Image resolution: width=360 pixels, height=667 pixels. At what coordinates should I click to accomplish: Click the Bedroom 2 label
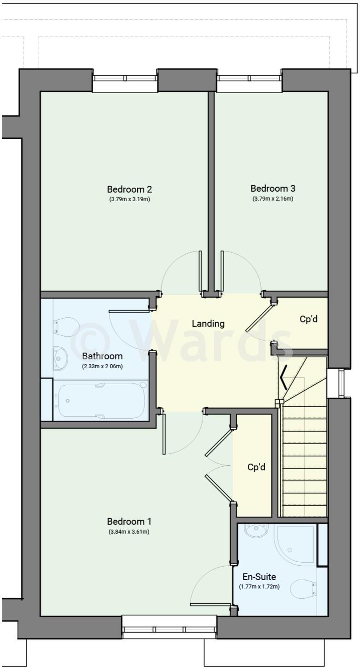coord(129,189)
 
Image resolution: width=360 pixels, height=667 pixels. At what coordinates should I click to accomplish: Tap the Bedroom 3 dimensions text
coord(273,199)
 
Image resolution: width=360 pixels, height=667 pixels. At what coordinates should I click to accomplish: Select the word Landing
coord(208,324)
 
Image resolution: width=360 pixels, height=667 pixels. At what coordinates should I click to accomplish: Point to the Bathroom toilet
coord(66,326)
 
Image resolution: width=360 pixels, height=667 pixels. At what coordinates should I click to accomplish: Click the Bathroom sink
coord(61,358)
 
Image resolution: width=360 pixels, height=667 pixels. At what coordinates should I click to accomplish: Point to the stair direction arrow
coord(283,377)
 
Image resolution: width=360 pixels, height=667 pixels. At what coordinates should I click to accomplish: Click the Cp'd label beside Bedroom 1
coord(257,467)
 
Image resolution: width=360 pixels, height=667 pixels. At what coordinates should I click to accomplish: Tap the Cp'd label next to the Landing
coord(308,320)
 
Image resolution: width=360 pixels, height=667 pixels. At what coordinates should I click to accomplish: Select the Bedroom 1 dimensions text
coord(129,531)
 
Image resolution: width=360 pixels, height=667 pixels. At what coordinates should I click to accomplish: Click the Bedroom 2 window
coord(125,78)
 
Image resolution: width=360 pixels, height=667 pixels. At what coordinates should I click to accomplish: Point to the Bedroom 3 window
coord(250,78)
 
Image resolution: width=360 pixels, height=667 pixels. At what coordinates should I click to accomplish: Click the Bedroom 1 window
coord(169,629)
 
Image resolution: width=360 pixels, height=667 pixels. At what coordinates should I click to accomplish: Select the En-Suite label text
coord(259,577)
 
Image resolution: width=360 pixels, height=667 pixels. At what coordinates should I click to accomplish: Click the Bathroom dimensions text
coord(102,366)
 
